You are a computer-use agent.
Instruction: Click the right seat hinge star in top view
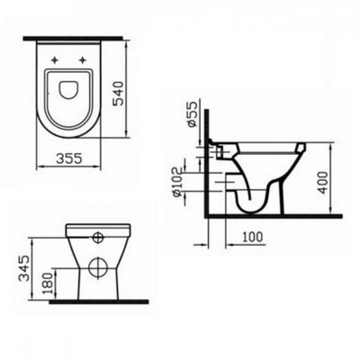pyautogui.click(x=85, y=60)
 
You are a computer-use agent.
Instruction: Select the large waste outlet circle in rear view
pyautogui.click(x=95, y=269)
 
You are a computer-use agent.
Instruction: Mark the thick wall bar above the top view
pyautogui.click(x=72, y=39)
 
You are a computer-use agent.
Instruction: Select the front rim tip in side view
pyautogui.click(x=302, y=148)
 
